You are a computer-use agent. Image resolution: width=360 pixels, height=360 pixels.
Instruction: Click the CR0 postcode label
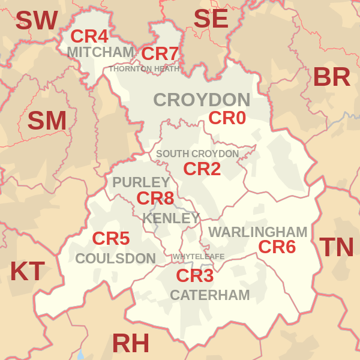click(227, 118)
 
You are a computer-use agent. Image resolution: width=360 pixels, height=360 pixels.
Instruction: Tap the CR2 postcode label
click(202, 169)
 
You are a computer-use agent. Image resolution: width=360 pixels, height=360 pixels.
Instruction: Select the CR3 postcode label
click(194, 276)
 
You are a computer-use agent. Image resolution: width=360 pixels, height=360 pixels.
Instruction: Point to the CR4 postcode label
click(89, 37)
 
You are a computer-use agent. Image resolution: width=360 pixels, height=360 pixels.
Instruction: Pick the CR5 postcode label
click(110, 239)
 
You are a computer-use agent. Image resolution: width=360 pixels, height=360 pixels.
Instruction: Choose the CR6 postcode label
click(277, 247)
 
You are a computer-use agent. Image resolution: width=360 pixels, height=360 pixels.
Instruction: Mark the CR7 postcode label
click(160, 54)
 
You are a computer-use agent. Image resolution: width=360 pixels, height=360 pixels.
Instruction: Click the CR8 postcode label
click(155, 198)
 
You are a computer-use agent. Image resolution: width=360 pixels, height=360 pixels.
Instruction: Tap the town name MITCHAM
click(100, 52)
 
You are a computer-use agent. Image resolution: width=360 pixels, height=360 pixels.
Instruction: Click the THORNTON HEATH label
click(144, 69)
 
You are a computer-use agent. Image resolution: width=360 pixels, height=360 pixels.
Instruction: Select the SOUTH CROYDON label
click(197, 154)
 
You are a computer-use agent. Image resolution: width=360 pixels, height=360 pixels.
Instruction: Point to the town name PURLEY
click(141, 182)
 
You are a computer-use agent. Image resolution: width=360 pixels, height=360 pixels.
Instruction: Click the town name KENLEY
click(171, 218)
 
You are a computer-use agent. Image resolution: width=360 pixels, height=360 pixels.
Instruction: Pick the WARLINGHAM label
click(257, 232)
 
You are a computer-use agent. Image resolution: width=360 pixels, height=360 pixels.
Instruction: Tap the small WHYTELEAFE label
click(199, 257)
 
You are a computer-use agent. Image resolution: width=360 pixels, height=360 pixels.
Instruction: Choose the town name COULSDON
click(115, 259)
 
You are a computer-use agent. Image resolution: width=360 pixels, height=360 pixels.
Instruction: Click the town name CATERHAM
click(209, 295)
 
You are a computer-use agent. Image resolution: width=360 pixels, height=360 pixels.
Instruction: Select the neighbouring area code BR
click(331, 77)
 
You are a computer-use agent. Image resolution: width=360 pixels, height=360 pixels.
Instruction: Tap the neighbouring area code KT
click(27, 272)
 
